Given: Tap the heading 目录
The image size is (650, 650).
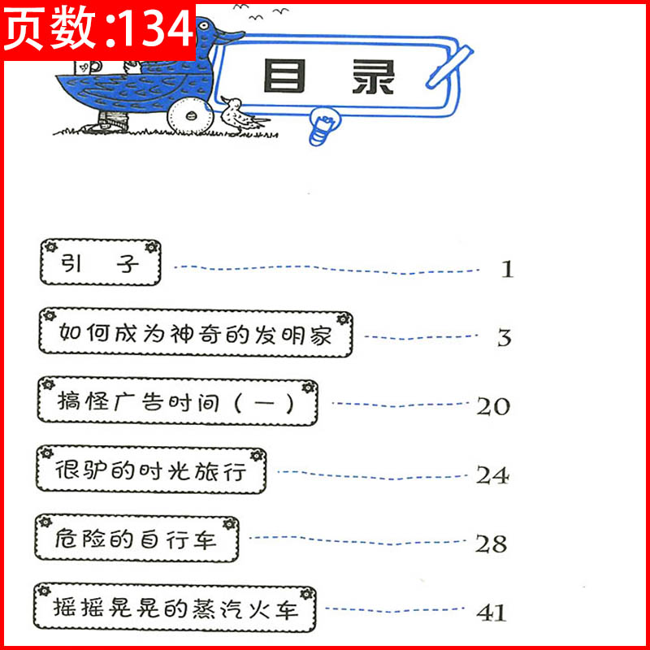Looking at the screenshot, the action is point(329,77).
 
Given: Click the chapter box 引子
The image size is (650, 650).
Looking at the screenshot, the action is point(100,262).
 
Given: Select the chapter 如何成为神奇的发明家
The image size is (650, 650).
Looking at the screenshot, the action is point(196,332).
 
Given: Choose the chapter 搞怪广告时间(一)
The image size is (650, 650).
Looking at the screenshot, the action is point(176,401).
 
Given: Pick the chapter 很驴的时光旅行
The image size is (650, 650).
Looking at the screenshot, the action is point(151,470).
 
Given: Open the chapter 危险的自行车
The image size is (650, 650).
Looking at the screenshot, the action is point(136,537).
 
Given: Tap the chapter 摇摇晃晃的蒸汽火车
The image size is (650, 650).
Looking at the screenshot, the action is point(174,607).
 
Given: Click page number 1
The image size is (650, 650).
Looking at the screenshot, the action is point(507,269).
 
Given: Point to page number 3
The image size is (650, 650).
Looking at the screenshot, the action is point(505,338).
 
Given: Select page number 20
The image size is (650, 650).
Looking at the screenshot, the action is point(492,406).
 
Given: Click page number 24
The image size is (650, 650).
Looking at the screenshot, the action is point(492,475).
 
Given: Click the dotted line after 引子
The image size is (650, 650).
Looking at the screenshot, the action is point(325,269).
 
